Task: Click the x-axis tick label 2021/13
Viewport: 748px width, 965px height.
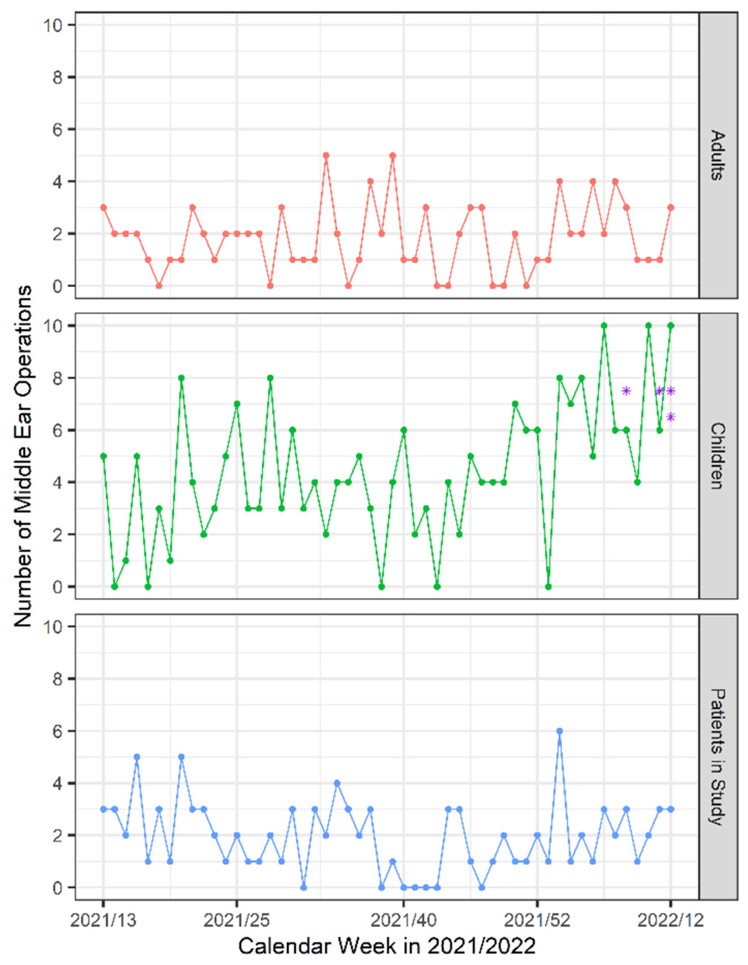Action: coord(103,921)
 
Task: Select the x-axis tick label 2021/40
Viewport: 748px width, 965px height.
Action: coord(403,921)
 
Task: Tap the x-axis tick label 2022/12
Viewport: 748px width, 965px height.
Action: coord(670,921)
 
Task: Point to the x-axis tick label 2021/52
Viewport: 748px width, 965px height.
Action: coord(537,921)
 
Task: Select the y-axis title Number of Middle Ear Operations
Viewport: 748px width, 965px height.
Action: coord(23,455)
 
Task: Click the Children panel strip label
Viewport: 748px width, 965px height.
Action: coord(718,455)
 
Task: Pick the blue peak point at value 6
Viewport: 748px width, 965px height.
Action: coord(559,731)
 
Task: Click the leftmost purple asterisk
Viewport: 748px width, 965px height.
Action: coord(626,391)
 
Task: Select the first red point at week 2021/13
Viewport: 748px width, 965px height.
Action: coord(103,207)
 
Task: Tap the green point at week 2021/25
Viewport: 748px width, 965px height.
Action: coord(237,404)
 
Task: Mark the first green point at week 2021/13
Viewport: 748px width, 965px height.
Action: coord(103,456)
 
